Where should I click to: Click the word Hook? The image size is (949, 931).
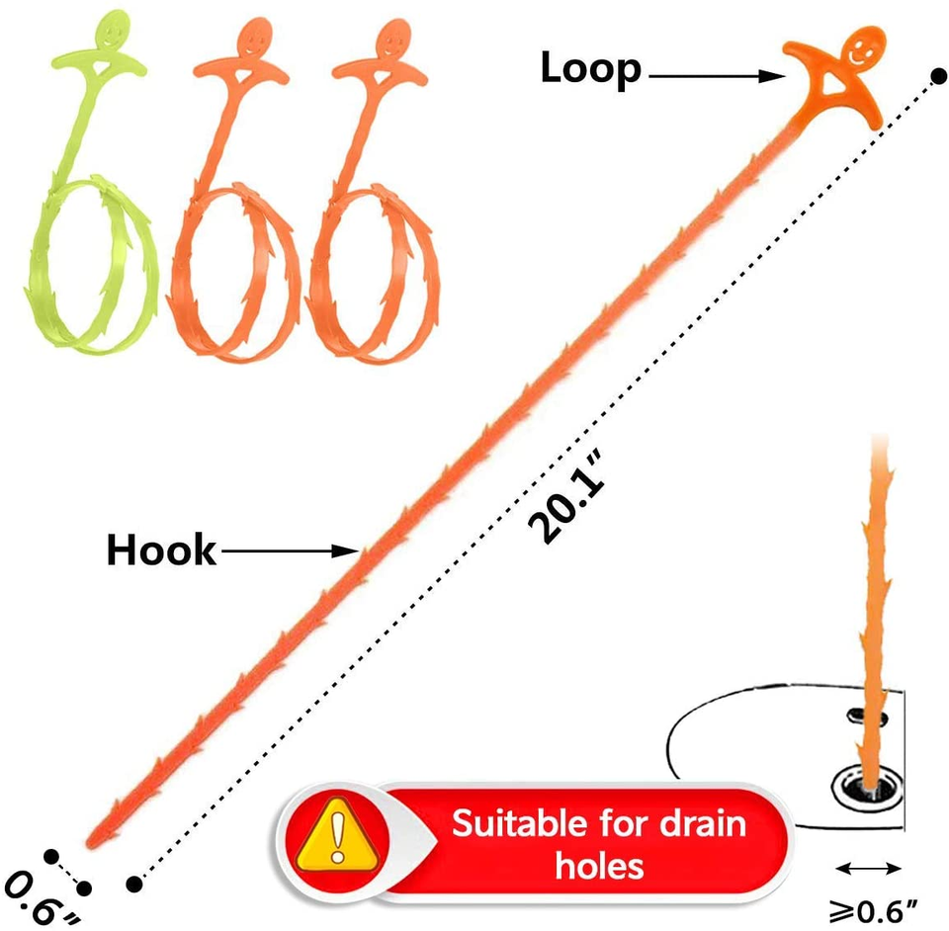pyautogui.click(x=161, y=550)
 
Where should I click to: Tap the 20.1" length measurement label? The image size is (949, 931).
pyautogui.click(x=565, y=495)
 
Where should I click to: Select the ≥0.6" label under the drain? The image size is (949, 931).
pyautogui.click(x=873, y=909)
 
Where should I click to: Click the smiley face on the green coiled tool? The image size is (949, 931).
pyautogui.click(x=113, y=32)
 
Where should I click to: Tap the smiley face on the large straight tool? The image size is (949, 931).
pyautogui.click(x=863, y=48)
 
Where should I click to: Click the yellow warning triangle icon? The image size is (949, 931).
pyautogui.click(x=338, y=833)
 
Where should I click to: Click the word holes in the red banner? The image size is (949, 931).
pyautogui.click(x=599, y=866)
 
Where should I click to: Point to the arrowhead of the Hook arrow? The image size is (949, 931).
pyautogui.click(x=346, y=550)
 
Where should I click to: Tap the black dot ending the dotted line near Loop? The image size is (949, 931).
pyautogui.click(x=938, y=77)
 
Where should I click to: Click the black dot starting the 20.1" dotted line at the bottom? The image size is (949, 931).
pyautogui.click(x=133, y=884)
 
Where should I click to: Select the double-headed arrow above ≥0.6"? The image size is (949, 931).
pyautogui.click(x=869, y=870)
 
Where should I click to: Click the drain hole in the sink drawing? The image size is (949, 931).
pyautogui.click(x=868, y=788)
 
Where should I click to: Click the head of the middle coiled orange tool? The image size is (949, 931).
pyautogui.click(x=255, y=38)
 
